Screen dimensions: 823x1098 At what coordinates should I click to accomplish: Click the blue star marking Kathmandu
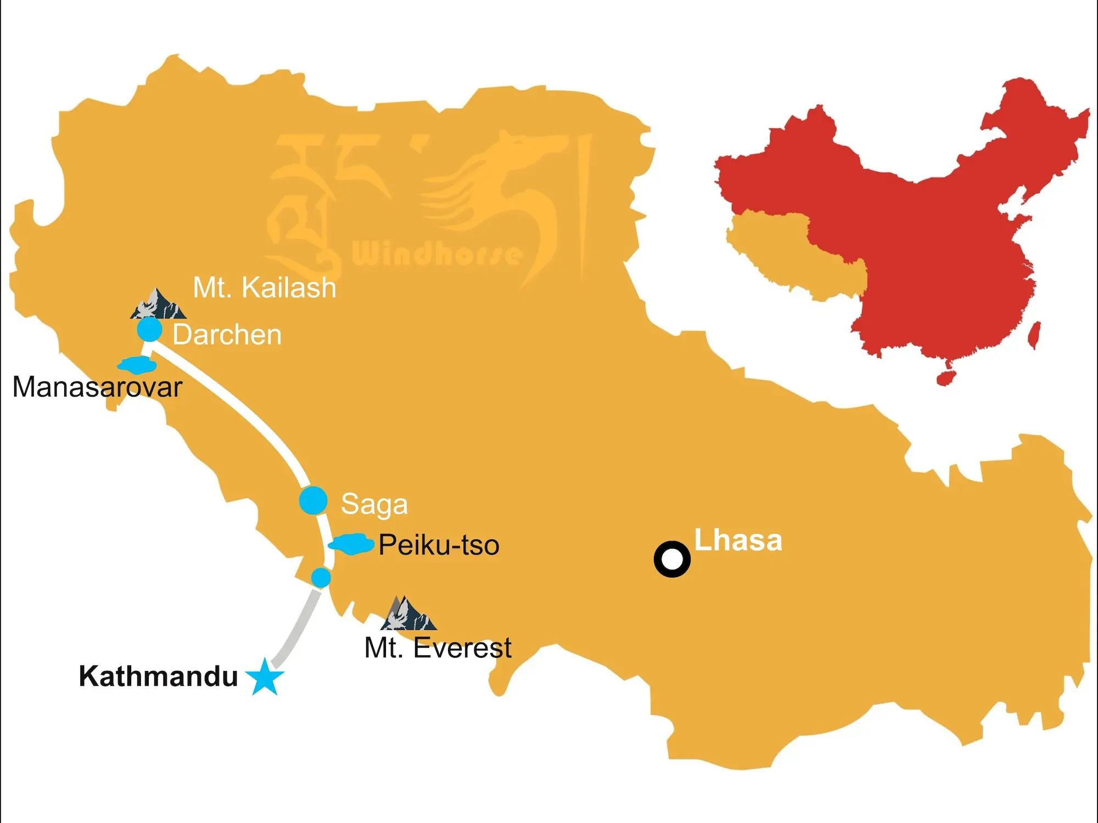[265, 678]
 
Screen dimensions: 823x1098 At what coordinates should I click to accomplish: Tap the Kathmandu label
[158, 676]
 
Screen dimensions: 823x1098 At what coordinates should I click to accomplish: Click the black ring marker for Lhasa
[672, 559]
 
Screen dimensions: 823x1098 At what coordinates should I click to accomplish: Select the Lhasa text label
[738, 540]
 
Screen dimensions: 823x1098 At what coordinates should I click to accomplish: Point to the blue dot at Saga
[313, 500]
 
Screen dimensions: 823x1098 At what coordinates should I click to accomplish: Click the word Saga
[374, 504]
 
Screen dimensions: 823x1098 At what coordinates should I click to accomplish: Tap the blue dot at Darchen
[149, 330]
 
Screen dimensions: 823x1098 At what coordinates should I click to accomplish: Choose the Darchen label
[227, 335]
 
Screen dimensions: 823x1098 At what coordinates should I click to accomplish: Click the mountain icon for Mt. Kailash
[158, 305]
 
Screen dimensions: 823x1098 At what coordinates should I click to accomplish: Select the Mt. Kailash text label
[265, 288]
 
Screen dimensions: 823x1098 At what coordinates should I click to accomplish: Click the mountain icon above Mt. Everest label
[408, 615]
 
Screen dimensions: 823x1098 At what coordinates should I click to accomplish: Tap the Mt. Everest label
[438, 648]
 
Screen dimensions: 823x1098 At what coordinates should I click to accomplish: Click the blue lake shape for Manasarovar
[137, 365]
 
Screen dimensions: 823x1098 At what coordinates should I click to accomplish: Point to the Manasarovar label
[97, 387]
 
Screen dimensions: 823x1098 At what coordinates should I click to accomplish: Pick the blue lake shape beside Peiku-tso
[351, 544]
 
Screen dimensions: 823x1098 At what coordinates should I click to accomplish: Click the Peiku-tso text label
[439, 545]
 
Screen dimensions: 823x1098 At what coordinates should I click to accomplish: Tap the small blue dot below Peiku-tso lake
[321, 578]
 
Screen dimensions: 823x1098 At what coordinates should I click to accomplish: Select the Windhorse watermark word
[436, 254]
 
